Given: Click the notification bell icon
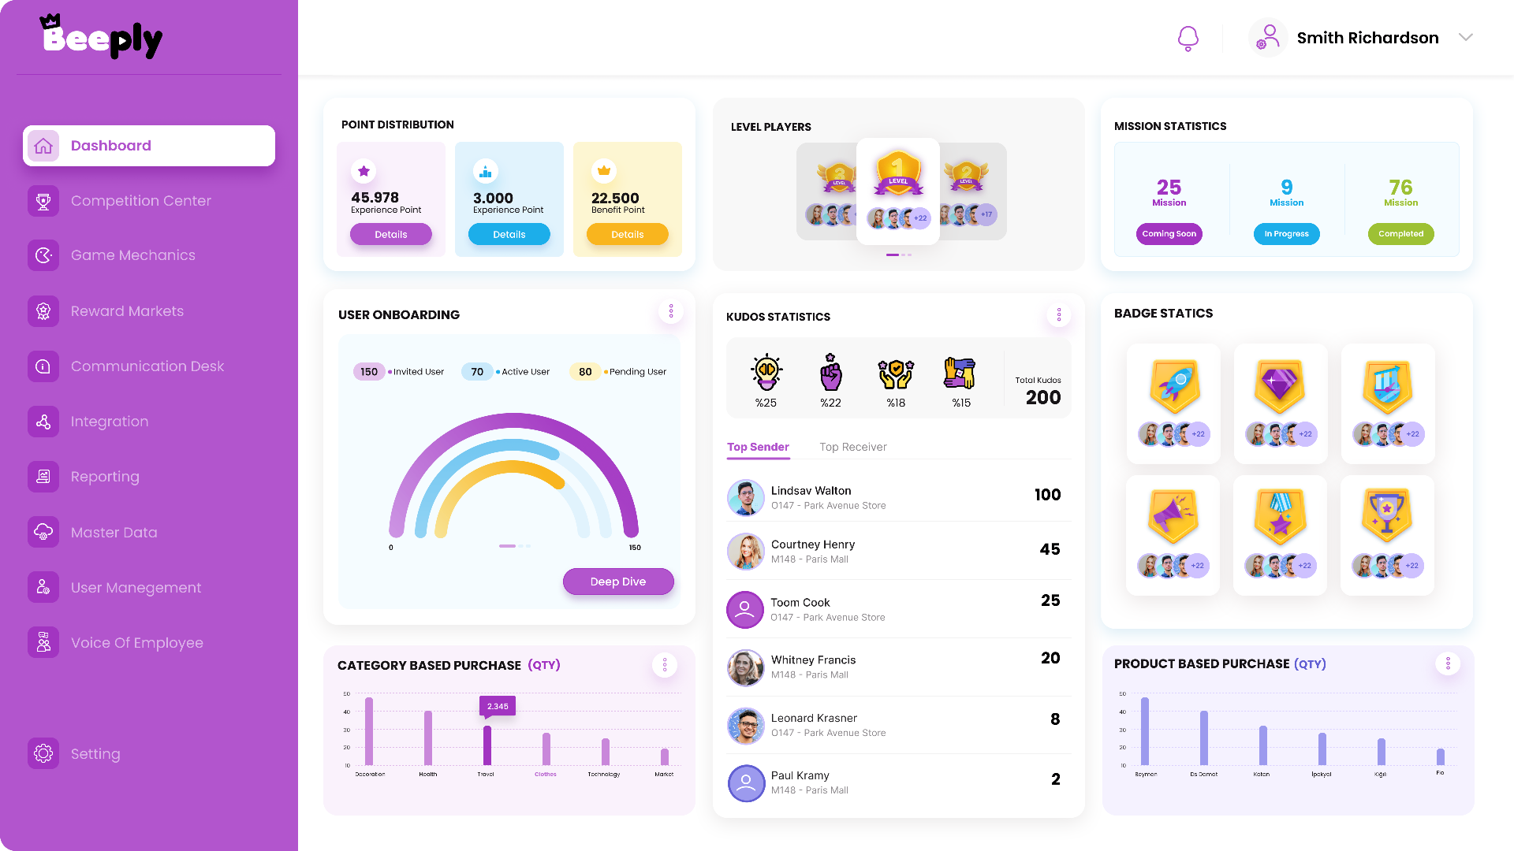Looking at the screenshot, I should [x=1188, y=38].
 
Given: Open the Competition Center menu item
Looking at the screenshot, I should [x=140, y=201].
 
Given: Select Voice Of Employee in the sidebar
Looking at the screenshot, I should [x=136, y=643].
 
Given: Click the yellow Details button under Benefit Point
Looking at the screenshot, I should [x=627, y=235].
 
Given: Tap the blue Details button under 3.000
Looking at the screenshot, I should [x=509, y=235].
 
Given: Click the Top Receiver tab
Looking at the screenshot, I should [x=852, y=447].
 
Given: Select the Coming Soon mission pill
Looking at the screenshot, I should [x=1169, y=234].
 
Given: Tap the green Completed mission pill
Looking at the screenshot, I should [x=1400, y=234].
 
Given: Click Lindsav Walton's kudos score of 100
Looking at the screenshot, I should [x=1047, y=495].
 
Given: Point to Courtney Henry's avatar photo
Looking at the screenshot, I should [x=745, y=551].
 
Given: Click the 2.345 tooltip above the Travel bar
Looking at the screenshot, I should [x=498, y=706].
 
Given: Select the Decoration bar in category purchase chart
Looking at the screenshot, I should [x=369, y=731].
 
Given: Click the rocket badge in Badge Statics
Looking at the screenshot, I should [x=1174, y=386].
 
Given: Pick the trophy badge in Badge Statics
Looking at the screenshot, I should [x=1386, y=516].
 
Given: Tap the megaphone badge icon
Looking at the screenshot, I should [x=1173, y=516].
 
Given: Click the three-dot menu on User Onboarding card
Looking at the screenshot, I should [x=671, y=311].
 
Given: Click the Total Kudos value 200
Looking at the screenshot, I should [x=1042, y=398].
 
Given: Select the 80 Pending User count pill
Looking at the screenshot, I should [x=585, y=372].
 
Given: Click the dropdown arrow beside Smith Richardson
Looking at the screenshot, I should [x=1465, y=38].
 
